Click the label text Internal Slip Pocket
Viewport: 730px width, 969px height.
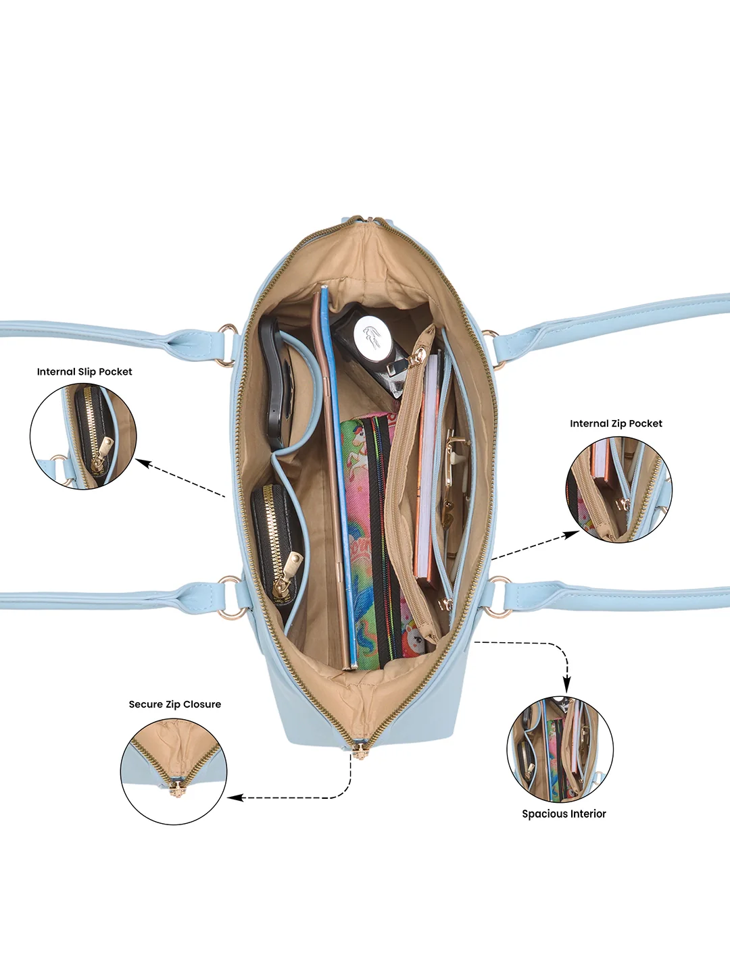click(84, 371)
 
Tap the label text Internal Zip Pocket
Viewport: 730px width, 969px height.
click(616, 423)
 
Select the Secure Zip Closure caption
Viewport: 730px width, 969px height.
click(175, 704)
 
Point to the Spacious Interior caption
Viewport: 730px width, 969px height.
click(564, 814)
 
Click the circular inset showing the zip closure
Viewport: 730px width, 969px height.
click(174, 771)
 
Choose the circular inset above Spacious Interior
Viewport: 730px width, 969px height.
click(560, 749)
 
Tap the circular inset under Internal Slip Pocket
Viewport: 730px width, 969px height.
click(83, 436)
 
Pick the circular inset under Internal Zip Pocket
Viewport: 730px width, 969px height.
click(618, 489)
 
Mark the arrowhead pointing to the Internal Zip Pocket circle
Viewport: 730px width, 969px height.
click(573, 534)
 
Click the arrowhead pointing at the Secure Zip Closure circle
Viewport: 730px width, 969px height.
click(234, 797)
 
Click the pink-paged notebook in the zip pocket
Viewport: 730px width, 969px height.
click(428, 469)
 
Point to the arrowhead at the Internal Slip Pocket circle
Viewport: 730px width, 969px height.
click(141, 463)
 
